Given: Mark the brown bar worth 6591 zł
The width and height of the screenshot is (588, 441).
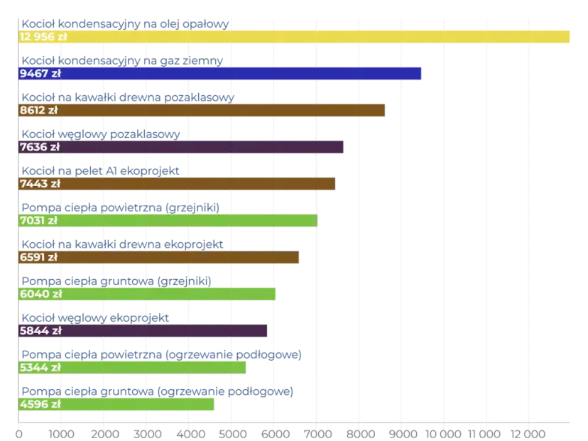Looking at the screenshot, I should point(178,257).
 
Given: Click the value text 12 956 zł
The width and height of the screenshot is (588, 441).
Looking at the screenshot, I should point(44,37).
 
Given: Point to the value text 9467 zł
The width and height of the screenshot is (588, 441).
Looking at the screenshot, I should point(40,73).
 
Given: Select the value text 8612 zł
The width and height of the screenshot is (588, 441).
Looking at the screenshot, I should point(40,110).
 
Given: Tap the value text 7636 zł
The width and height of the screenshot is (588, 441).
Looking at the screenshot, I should point(40,147).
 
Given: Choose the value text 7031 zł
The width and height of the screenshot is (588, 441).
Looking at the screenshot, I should point(40,221).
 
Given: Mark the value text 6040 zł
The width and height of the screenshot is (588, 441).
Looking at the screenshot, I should point(40,293).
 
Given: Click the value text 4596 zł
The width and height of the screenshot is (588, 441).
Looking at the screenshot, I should point(40,404).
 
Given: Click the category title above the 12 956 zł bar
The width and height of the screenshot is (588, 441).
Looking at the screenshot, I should point(124,23).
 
